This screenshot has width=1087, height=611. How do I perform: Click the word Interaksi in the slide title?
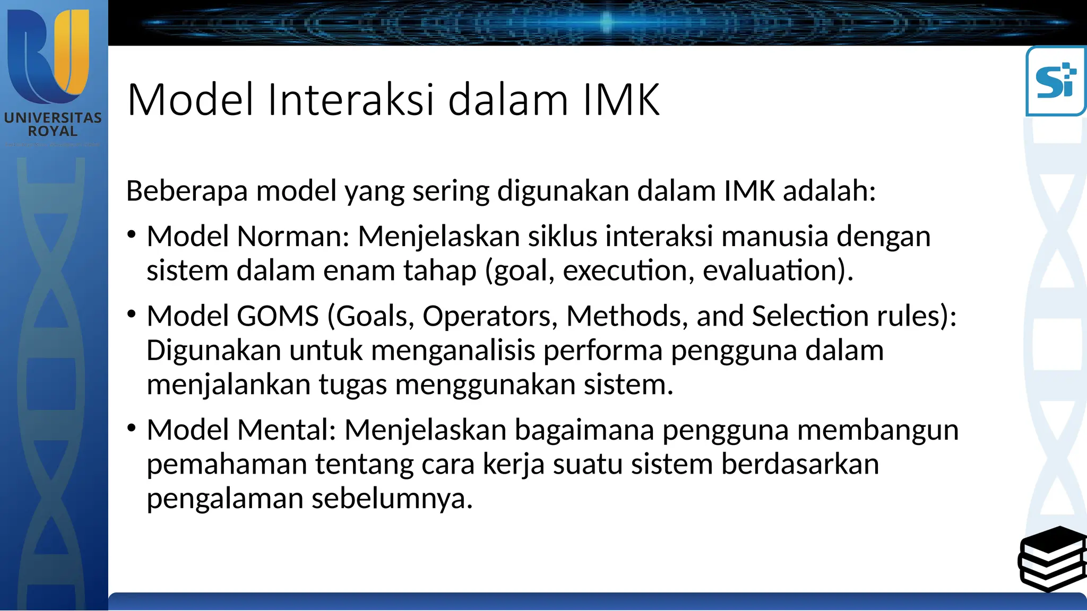[x=351, y=100]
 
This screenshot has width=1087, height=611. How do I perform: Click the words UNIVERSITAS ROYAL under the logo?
[x=53, y=124]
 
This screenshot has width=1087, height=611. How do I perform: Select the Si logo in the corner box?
[x=1056, y=81]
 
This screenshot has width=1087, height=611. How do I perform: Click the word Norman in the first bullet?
[x=292, y=236]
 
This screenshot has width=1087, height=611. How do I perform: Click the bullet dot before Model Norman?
[x=132, y=234]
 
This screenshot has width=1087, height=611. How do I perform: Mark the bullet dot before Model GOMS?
[x=132, y=314]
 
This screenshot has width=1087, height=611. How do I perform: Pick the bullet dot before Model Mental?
[x=132, y=427]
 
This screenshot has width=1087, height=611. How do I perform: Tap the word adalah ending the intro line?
[x=829, y=191]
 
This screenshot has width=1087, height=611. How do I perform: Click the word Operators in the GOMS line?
[x=489, y=316]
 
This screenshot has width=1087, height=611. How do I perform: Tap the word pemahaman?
[x=227, y=465]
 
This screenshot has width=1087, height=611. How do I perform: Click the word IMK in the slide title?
[x=622, y=100]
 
